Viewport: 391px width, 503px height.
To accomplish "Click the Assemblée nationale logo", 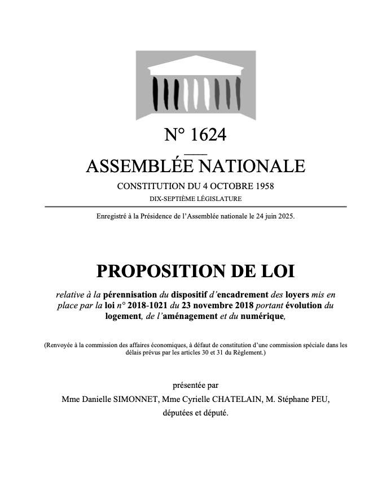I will coord(195,85).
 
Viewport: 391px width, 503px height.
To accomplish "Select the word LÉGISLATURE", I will coord(219,199).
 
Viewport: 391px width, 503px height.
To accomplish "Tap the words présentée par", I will coord(195,386).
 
